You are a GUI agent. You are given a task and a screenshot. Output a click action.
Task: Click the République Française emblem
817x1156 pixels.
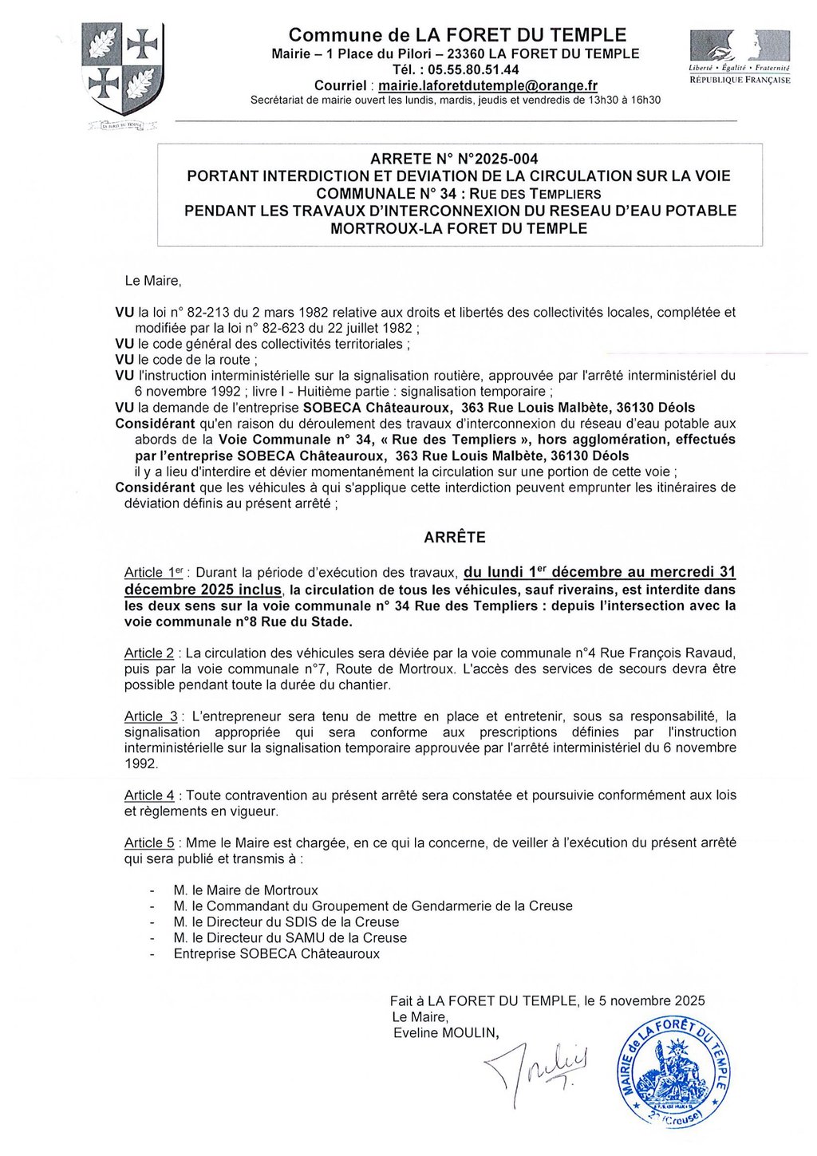[740, 56]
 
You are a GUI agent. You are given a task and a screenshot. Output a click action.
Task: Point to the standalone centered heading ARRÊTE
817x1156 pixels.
[455, 538]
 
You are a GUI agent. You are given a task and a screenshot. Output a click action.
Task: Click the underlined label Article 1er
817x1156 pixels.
[155, 573]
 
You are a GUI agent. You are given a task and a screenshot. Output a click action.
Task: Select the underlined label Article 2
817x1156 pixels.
[149, 653]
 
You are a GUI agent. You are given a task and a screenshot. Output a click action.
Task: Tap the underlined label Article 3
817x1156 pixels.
[151, 716]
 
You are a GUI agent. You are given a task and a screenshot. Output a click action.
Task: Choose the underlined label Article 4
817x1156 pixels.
[149, 795]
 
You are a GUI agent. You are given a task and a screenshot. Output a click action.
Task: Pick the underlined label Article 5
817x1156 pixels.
[149, 842]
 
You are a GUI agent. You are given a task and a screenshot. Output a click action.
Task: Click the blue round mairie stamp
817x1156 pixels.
[675, 1073]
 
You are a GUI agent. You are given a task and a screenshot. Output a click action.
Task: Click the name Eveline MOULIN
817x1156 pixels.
[445, 1033]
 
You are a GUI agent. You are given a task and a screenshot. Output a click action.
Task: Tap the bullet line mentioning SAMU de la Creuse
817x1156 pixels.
[290, 938]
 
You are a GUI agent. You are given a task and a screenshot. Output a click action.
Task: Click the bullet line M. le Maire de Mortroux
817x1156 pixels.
[246, 890]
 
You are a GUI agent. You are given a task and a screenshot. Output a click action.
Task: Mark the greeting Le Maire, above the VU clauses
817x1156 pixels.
[153, 281]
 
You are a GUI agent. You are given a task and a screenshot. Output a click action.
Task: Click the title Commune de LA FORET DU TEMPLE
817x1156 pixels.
[457, 35]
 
